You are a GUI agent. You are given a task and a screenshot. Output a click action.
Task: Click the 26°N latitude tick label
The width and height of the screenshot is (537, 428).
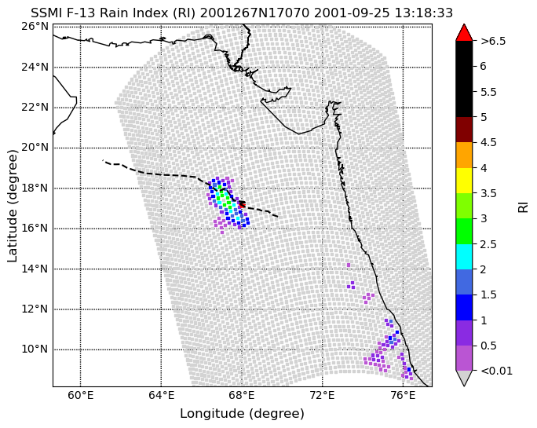point(35,27)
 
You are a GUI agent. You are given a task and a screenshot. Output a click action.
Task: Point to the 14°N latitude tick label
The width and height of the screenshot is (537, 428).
point(35,269)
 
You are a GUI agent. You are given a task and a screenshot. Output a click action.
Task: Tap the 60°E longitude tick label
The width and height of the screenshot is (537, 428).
point(81,396)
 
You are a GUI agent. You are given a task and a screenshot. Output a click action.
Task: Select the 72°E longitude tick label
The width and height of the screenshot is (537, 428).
point(323,396)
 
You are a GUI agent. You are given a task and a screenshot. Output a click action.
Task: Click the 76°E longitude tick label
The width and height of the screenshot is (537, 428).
point(403,396)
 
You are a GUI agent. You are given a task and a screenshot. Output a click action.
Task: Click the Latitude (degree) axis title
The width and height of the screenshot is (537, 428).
point(12,206)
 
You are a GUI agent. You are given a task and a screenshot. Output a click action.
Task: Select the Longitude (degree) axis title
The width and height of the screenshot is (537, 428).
point(242,414)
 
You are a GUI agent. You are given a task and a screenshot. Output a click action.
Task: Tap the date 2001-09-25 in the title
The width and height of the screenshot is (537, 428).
point(352,13)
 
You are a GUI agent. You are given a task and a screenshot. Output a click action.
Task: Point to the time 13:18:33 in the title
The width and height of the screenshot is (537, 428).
point(424,13)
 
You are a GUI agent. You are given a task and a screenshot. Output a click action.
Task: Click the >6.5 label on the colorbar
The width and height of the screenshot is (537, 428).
point(493,41)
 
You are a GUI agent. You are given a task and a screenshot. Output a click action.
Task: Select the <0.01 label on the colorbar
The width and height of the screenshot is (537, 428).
point(497,371)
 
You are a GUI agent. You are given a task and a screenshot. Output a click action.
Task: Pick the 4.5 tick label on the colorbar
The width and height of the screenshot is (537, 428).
point(488,142)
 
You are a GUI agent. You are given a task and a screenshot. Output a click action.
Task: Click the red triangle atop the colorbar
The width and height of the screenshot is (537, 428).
point(464,33)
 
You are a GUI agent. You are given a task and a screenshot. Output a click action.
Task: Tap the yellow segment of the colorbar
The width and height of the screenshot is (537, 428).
point(464,181)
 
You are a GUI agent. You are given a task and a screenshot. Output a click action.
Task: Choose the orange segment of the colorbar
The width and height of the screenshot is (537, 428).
point(464,155)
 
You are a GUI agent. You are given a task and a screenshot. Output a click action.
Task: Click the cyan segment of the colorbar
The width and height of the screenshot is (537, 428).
point(464,257)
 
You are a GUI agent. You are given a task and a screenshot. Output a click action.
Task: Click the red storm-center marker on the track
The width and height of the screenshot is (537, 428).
point(242,205)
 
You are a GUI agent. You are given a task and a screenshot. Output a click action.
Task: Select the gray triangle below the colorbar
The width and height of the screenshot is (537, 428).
point(464,377)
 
